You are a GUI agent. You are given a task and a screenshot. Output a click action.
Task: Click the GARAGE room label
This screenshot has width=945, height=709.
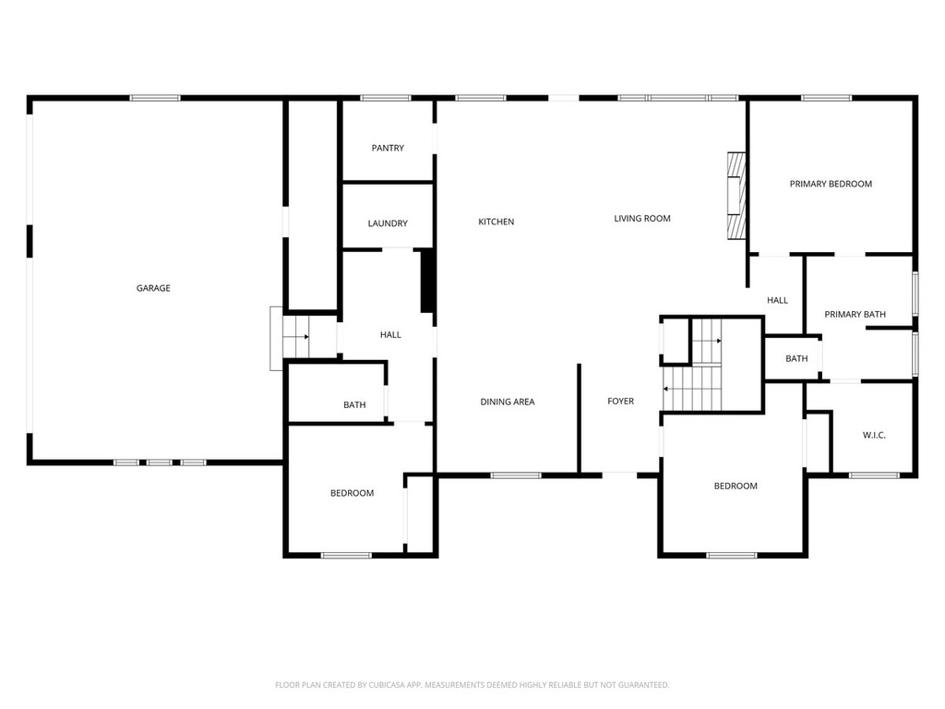coord(153,288)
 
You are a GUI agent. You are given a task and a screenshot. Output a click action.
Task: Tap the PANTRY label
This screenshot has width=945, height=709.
coord(388,148)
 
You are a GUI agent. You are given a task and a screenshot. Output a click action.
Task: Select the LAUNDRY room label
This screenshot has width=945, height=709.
coord(388,223)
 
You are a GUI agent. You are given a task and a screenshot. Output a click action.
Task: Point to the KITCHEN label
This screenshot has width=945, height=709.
coord(496,222)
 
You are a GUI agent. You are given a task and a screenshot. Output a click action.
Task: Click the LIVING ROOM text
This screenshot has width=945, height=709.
coord(642,219)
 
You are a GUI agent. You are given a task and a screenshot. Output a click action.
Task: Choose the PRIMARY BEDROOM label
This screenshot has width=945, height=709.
coord(831,184)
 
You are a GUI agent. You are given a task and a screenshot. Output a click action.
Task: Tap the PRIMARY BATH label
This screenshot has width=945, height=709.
coord(855,315)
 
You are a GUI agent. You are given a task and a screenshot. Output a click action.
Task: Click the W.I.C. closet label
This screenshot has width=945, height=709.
coord(874,435)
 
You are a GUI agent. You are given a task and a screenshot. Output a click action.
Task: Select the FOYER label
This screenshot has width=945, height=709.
coord(620,402)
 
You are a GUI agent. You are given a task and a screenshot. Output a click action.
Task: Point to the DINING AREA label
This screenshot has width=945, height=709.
coord(508,402)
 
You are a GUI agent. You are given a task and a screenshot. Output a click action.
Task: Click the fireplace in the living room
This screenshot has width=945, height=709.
coord(736,196)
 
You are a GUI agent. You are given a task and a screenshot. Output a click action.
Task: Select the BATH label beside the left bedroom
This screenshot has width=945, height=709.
coord(354,405)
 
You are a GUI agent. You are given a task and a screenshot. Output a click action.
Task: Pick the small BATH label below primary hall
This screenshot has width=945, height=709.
coord(796,359)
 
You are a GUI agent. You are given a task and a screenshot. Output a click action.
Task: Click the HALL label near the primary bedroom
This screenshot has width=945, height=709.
coord(777,300)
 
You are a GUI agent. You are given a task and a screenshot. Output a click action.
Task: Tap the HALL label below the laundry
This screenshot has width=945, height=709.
coord(390,334)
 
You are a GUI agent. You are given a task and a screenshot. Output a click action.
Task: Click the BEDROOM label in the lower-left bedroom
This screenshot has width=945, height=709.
coord(353,493)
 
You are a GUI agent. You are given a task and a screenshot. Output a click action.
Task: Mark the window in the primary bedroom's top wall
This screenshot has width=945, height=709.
coord(825,97)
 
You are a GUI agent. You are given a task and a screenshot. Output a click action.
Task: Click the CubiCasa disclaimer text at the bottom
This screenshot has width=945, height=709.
coord(472,685)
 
